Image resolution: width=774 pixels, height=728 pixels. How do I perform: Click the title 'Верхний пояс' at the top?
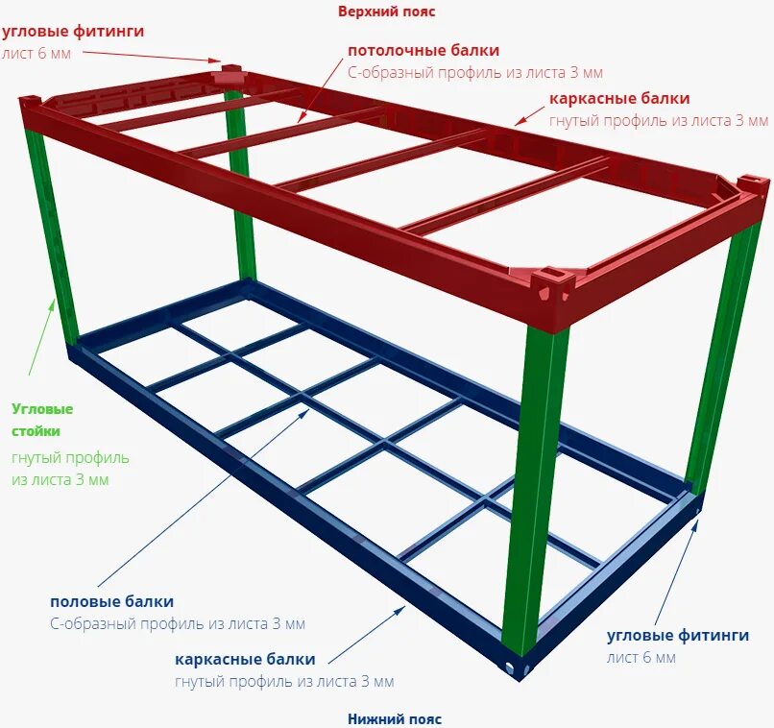tap(386, 12)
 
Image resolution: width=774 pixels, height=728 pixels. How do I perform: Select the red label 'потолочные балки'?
tap(423, 50)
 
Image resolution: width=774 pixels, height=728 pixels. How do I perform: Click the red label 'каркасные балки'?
tap(619, 98)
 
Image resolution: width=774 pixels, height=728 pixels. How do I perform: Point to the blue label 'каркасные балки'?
tap(245, 660)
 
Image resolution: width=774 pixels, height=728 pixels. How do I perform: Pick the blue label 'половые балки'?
tap(112, 601)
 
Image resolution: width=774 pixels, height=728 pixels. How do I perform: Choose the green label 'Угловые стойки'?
tap(42, 420)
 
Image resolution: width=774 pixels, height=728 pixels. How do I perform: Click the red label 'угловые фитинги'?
tap(73, 31)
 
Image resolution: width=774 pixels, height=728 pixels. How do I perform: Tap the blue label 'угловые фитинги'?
tap(678, 635)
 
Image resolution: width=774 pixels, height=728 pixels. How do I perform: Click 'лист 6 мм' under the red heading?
tap(36, 54)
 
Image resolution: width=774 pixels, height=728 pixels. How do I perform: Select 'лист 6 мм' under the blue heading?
tap(641, 658)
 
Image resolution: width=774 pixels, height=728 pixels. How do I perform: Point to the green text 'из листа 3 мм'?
tap(60, 478)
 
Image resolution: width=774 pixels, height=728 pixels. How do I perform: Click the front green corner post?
tap(534, 480)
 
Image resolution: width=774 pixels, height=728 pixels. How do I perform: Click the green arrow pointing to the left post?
tap(42, 336)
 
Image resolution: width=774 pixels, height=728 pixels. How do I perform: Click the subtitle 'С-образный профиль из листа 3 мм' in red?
tap(475, 72)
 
